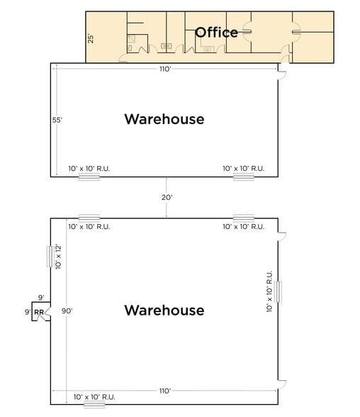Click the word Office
coord(216,32)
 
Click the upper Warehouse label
coord(164,119)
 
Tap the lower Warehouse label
coord(164,310)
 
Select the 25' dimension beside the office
coord(91,38)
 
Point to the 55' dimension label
coord(57,120)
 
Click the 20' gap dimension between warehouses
coord(167,198)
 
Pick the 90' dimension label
coord(67,311)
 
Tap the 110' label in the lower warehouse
coord(165,391)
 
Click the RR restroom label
coord(39,311)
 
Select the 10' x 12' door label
coord(59,257)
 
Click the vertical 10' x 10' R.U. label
coord(269,291)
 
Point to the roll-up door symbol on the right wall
coord(280,291)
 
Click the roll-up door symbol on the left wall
coord(49,256)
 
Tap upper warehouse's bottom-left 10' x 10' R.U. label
coord(89,168)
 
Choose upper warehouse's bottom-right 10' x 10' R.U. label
coord(243,168)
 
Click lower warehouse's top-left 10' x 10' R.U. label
coord(89,227)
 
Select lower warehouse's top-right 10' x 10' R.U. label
coord(243,227)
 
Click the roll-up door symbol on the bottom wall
coord(94,406)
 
